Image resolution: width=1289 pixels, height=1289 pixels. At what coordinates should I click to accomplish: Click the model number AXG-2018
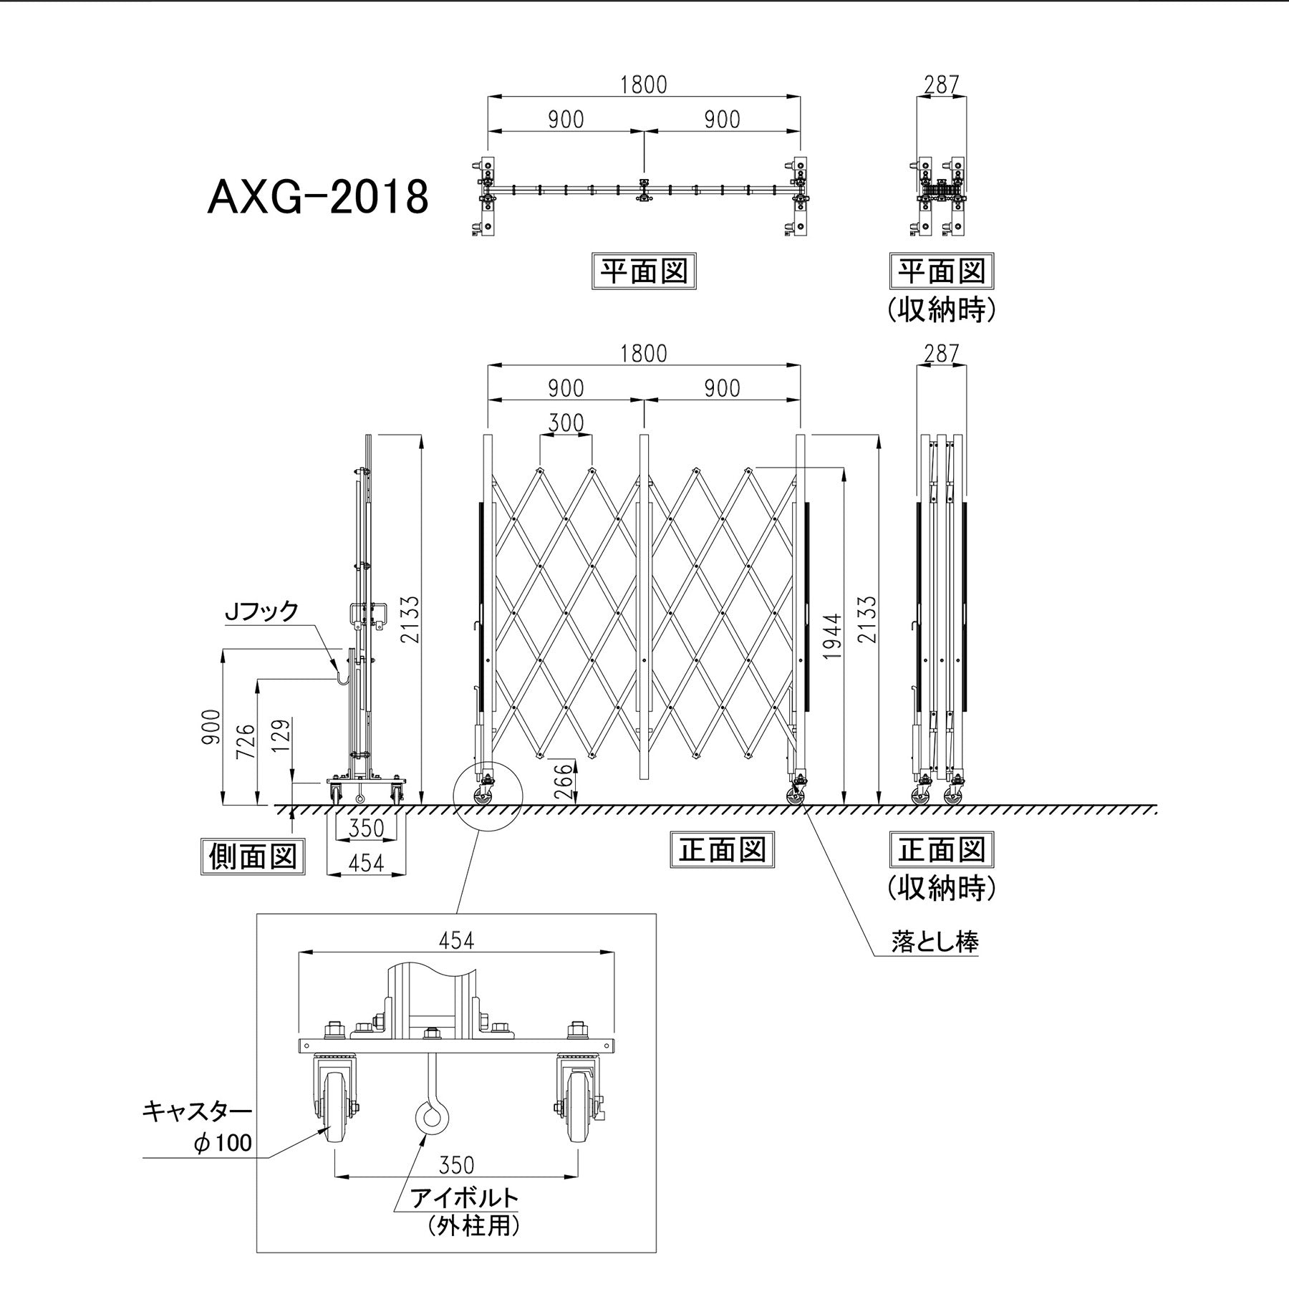(318, 197)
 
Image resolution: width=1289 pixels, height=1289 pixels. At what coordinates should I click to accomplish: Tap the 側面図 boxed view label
(253, 856)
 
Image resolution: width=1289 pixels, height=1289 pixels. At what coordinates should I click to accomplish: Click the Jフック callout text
(261, 611)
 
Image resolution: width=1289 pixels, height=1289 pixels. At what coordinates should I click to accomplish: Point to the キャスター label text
(197, 1111)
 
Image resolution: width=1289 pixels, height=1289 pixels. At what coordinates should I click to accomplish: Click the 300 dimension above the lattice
(566, 424)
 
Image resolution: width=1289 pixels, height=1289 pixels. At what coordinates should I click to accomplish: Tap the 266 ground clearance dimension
(564, 781)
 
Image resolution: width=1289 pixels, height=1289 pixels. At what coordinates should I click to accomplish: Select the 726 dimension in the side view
(245, 743)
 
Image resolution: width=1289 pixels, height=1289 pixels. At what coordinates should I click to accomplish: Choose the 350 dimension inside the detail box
(456, 1166)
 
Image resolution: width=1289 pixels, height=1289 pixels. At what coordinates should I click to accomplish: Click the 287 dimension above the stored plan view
(941, 85)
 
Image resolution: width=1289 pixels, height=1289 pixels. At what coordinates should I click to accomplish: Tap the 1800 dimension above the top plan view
(643, 85)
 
